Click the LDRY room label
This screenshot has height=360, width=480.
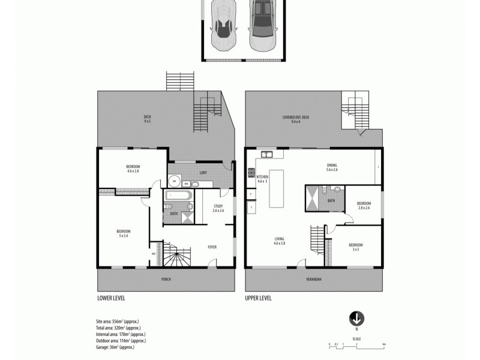point(203,173)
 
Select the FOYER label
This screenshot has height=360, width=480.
point(212,247)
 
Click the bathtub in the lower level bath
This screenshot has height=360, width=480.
point(178,196)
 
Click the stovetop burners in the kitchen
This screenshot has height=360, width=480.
point(251,174)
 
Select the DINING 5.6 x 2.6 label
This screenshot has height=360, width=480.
point(332,167)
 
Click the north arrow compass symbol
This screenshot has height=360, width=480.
point(356,318)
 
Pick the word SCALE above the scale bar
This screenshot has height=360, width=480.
point(356,338)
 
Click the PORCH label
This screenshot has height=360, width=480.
point(166,280)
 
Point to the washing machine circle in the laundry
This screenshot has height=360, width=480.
point(174,179)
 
